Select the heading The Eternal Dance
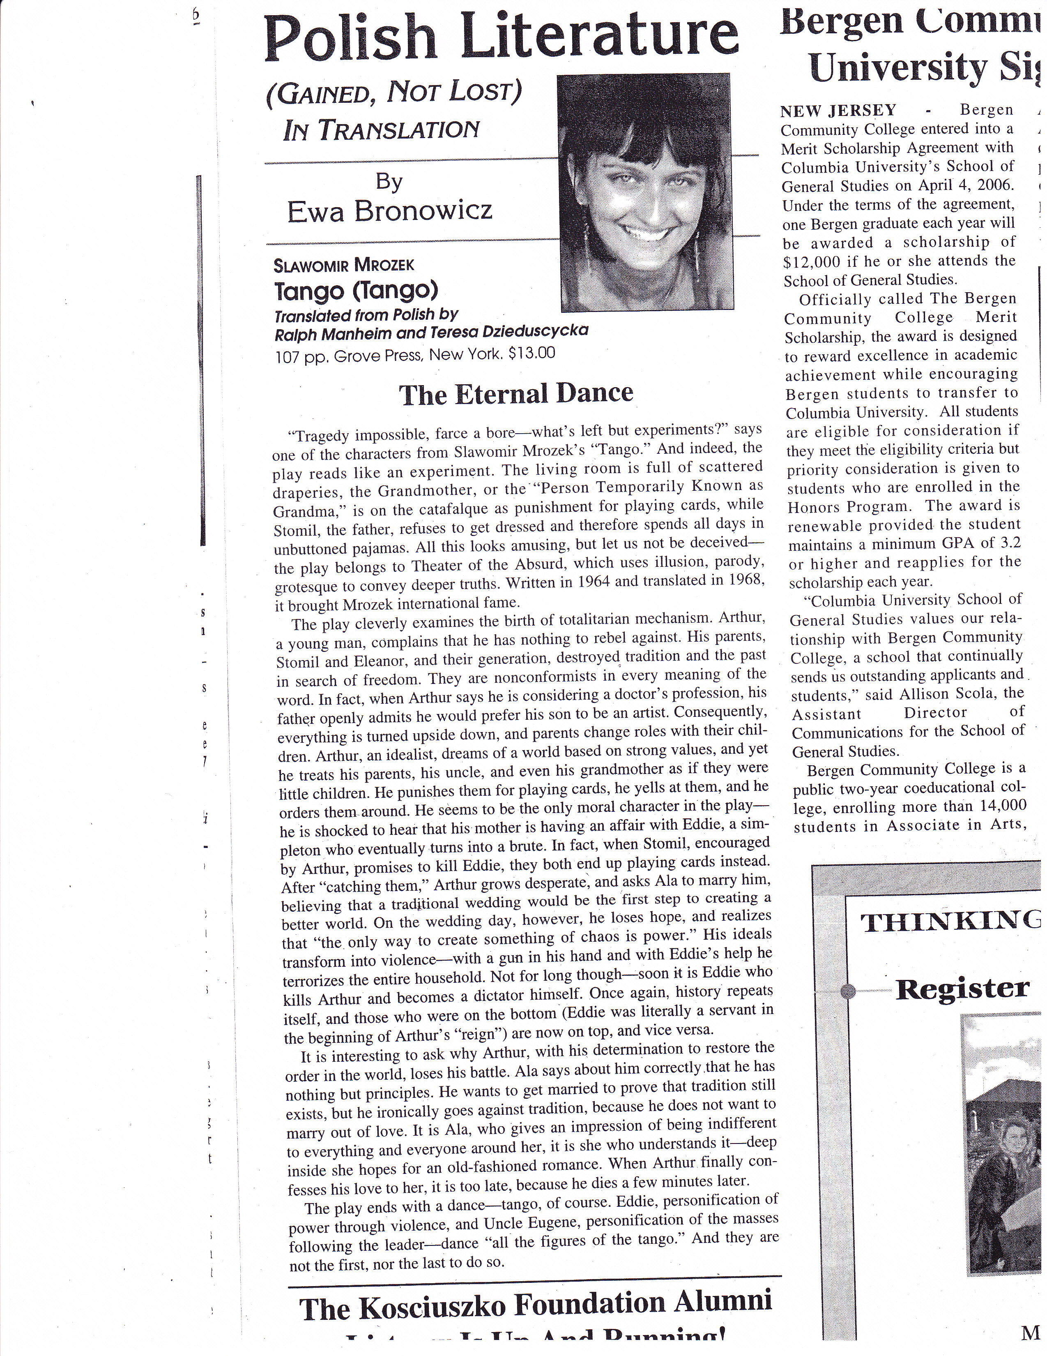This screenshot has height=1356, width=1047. pos(516,394)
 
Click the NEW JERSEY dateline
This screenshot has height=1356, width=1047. pos(838,111)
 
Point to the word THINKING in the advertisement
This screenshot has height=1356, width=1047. pos(950,923)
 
